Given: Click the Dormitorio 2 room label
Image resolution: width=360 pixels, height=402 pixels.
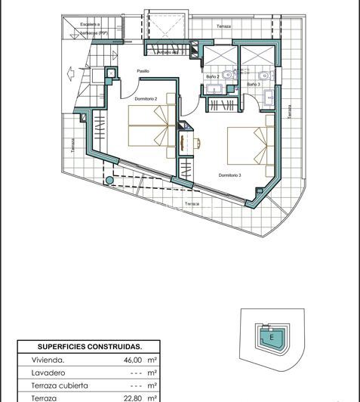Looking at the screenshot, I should pyautogui.click(x=146, y=98).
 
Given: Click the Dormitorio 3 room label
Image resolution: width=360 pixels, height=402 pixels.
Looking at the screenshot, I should pyautogui.click(x=229, y=175).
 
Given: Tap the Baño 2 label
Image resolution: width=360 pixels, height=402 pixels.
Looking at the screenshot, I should pyautogui.click(x=213, y=77).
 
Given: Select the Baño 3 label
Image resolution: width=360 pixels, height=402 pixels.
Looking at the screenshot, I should pyautogui.click(x=254, y=84).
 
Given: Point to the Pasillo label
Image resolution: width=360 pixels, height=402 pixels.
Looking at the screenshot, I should pyautogui.click(x=143, y=71).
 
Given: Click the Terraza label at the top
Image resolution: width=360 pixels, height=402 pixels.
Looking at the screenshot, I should pyautogui.click(x=223, y=26).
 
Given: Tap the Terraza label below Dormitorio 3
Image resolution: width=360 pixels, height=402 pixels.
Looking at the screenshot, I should pyautogui.click(x=192, y=204).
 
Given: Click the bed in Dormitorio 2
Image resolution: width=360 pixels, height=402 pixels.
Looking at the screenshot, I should pyautogui.click(x=151, y=126).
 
